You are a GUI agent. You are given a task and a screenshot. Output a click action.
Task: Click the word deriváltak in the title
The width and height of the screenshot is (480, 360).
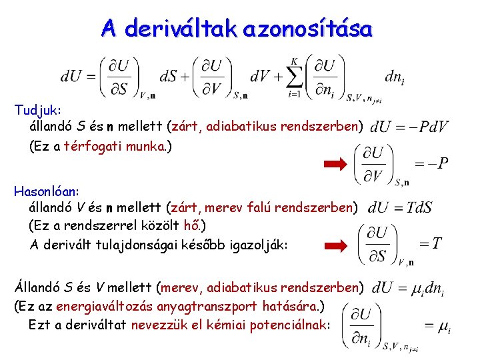tap(181, 29)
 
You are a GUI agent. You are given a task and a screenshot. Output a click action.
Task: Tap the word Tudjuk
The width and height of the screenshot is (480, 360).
tap(38, 108)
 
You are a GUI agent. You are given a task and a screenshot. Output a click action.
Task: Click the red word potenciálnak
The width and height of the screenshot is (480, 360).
tap(285, 325)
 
